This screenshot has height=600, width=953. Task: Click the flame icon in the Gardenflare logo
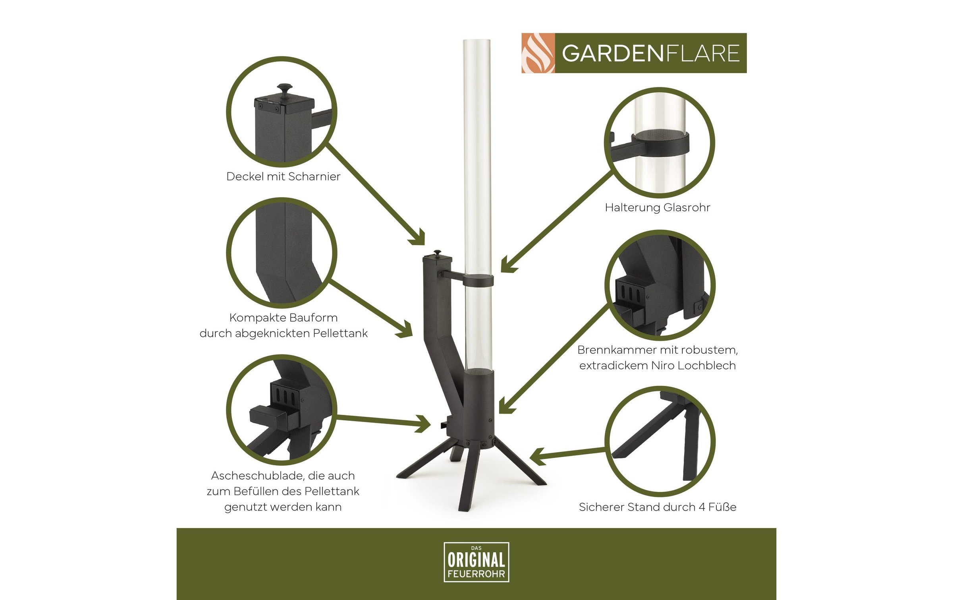point(538,53)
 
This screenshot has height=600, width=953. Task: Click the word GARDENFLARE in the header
point(650,53)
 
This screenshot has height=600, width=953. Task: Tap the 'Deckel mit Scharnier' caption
point(283,176)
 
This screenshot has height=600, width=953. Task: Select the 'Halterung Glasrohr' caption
point(657,207)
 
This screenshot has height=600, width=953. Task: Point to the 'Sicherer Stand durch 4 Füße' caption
point(657,507)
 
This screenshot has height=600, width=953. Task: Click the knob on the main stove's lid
point(437,253)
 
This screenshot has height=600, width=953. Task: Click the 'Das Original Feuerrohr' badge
point(476,562)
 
